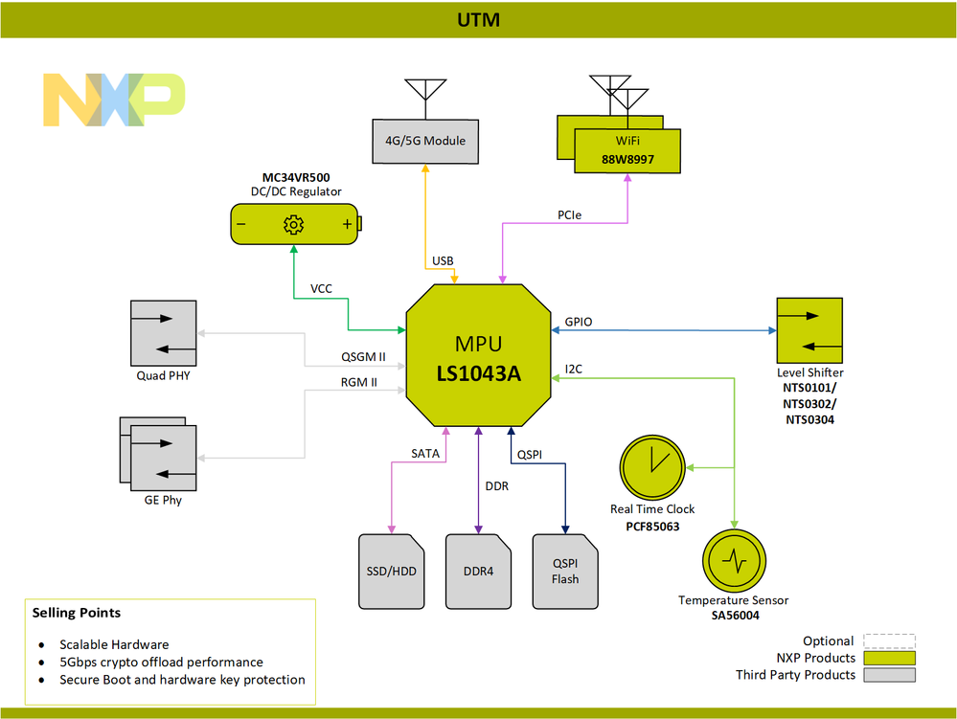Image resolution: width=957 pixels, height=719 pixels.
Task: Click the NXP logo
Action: coord(114,100)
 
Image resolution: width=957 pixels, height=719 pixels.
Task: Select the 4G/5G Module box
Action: coord(424,141)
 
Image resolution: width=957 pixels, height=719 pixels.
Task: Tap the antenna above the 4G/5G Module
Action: coord(424,93)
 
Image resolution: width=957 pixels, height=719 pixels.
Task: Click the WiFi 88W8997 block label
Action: coord(627,150)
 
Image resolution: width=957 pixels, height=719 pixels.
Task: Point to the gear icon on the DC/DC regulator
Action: coord(293,225)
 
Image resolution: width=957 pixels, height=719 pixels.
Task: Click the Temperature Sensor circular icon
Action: coord(734,561)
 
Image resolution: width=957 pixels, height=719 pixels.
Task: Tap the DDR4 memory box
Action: coord(478,572)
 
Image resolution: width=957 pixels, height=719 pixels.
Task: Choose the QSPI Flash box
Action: coord(565,572)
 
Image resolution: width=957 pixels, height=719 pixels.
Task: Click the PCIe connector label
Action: coord(571,215)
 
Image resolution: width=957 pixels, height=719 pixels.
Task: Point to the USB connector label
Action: coord(443,260)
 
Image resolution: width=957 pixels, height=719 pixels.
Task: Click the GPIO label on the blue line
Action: coord(579,323)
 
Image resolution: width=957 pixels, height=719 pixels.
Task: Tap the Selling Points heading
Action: coord(77,612)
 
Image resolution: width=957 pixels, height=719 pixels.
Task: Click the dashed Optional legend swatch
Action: coord(888,640)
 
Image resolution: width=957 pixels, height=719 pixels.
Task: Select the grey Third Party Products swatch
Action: coord(888,674)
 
